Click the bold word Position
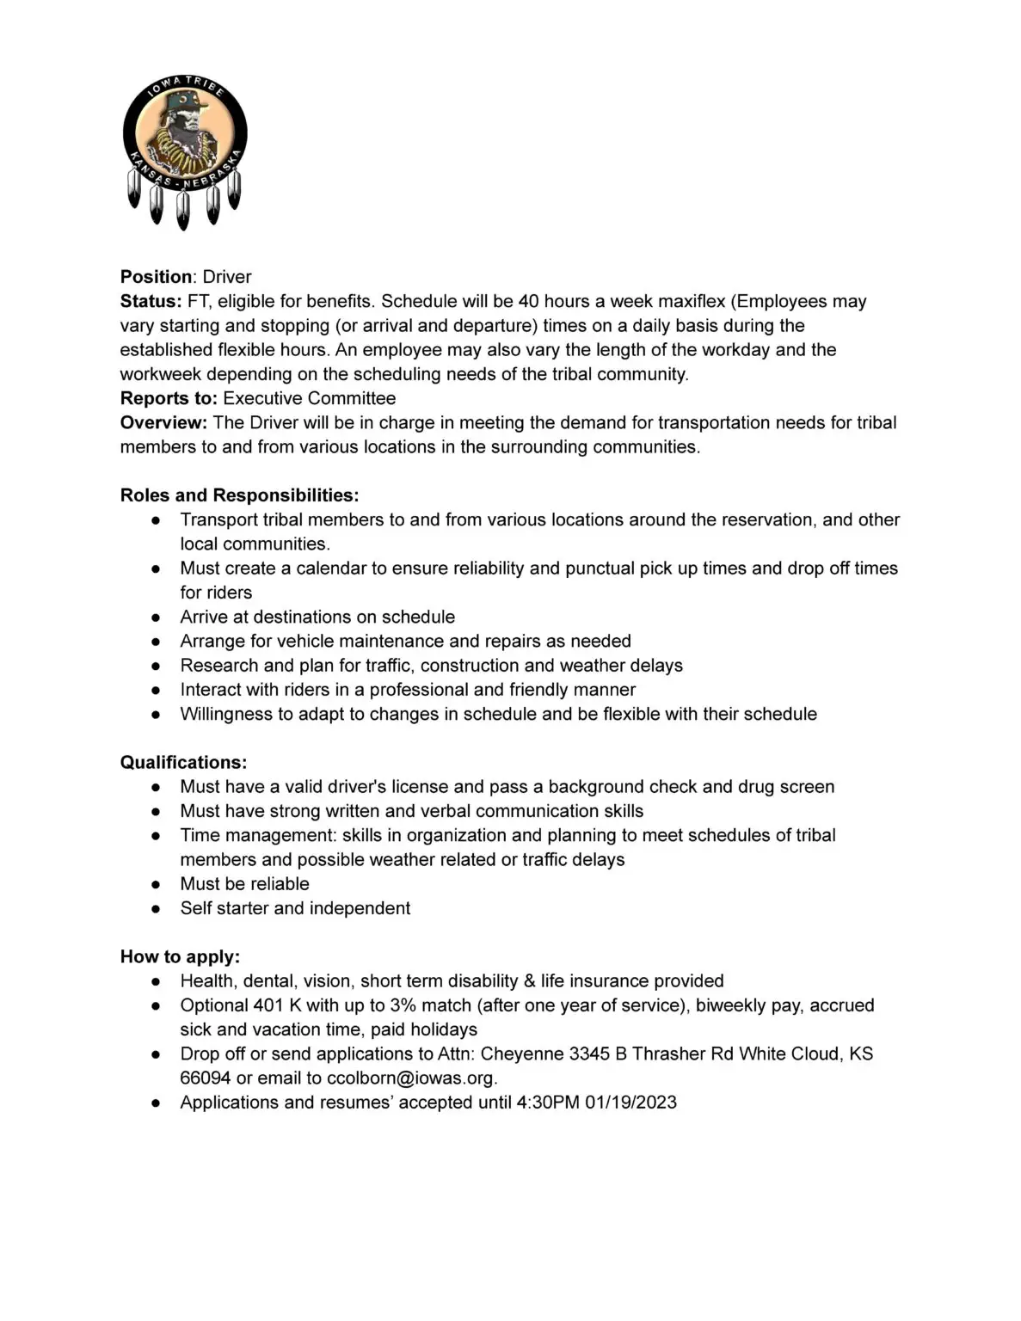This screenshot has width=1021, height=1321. [156, 277]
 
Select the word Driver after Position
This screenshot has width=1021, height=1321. [227, 277]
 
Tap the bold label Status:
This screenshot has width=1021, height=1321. [151, 301]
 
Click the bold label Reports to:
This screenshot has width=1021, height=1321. [169, 398]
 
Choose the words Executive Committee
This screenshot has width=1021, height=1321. [310, 398]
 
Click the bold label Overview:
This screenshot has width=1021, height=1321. [163, 422]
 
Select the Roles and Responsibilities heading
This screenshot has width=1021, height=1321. [239, 495]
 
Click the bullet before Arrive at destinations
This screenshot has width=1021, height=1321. [156, 617]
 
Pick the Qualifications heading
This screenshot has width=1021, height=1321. [183, 763]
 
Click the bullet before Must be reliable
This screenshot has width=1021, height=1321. [156, 884]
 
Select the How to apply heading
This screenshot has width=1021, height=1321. [180, 957]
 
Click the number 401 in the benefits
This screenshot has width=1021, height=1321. [268, 1005]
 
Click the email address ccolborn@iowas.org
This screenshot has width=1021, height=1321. [411, 1078]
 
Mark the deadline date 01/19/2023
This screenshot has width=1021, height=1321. [630, 1103]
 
